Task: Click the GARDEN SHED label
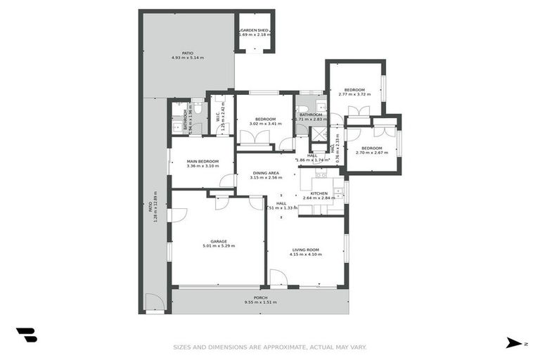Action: (x=255, y=30)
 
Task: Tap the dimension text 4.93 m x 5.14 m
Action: (x=188, y=58)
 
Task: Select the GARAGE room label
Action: (x=218, y=241)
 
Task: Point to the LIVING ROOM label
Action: (x=306, y=250)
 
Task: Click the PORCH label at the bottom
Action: (x=260, y=297)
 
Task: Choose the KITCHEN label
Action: (x=319, y=193)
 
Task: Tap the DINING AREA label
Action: (x=266, y=173)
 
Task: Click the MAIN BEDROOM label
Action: (x=202, y=161)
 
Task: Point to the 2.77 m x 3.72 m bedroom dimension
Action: (x=354, y=94)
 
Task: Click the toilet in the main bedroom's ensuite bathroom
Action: (x=198, y=108)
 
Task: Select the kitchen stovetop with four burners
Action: (x=338, y=190)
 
